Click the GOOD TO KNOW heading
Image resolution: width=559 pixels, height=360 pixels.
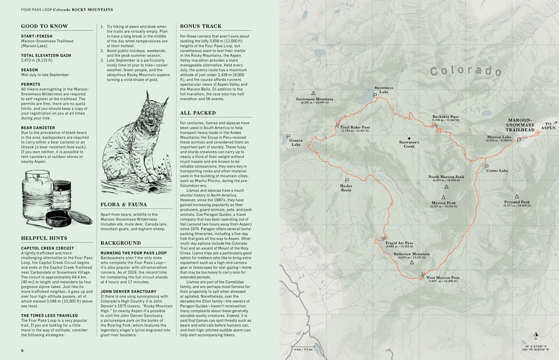44,26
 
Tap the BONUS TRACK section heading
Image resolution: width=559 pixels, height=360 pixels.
201,26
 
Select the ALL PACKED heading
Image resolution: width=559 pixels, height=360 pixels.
198,113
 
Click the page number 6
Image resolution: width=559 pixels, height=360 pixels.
22,350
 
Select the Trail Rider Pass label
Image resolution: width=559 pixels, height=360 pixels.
355,128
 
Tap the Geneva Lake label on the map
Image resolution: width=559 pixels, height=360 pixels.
295,142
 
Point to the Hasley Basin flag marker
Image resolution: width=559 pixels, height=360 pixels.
346,181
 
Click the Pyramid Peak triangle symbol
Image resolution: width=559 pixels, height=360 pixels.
517,196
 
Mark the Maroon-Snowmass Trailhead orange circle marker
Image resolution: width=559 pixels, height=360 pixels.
538,132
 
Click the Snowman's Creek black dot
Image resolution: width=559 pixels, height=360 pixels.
409,138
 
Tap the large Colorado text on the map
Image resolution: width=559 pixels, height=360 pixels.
465,71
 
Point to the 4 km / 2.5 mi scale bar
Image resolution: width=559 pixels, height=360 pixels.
303,348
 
